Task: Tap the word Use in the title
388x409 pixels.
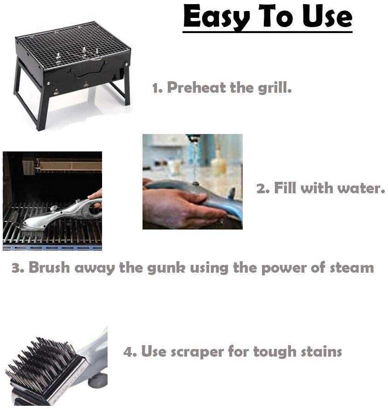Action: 327,17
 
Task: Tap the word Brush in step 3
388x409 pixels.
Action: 47,268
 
